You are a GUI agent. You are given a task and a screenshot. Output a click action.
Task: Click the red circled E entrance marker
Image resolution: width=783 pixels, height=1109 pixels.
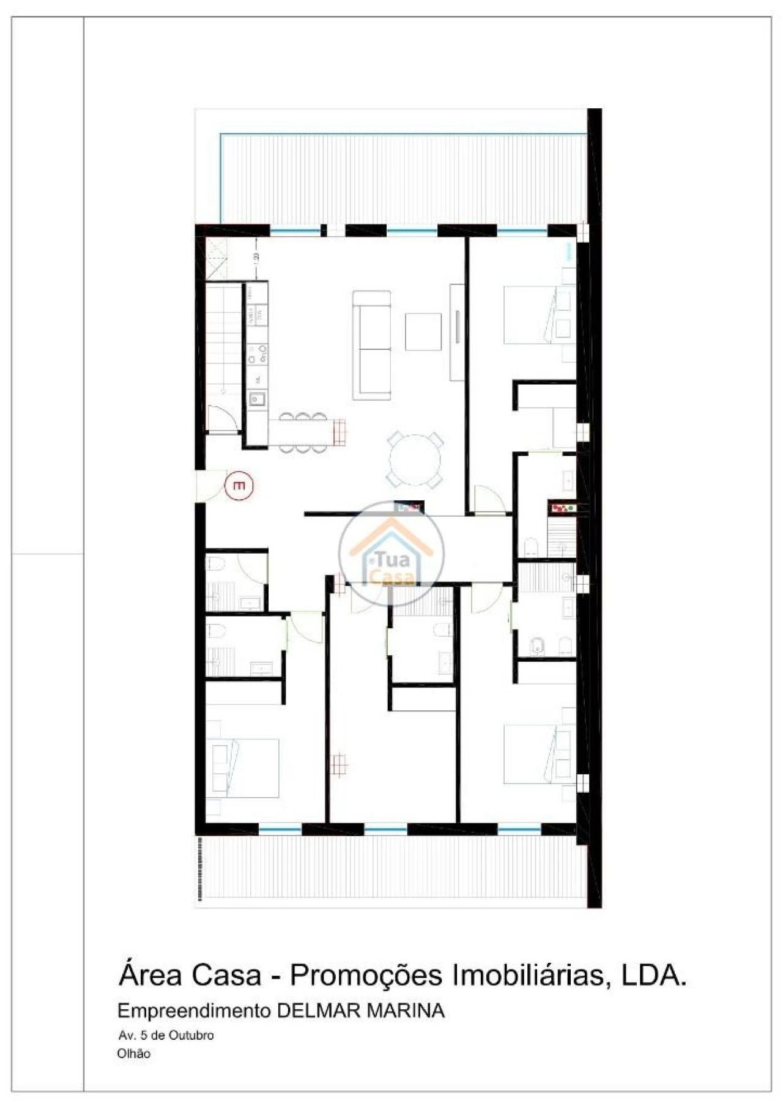239,486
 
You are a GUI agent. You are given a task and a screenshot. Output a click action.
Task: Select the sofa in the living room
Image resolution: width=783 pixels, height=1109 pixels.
371,345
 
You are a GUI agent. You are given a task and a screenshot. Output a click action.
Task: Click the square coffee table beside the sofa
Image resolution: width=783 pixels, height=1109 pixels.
423,332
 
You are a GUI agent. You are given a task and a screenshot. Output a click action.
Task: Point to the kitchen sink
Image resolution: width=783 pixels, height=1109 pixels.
256,399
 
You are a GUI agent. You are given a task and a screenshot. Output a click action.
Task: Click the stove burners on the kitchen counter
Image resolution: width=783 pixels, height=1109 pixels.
258,354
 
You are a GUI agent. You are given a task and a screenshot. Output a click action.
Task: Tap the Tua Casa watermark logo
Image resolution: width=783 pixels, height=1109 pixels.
391,554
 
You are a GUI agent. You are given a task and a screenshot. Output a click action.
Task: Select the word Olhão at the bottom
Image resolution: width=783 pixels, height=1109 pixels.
133,1054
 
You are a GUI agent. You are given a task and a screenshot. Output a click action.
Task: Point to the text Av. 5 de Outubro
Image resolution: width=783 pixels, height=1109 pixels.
166,1036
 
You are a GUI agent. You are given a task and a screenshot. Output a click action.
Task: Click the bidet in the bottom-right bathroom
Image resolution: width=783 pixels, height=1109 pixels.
538,646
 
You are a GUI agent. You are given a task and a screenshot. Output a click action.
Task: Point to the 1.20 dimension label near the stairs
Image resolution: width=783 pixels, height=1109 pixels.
256,257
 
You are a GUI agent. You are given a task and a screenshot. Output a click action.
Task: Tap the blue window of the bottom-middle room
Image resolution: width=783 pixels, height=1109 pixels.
385,830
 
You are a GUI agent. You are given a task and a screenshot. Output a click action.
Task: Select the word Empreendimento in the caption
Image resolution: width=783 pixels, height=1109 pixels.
193,1011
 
